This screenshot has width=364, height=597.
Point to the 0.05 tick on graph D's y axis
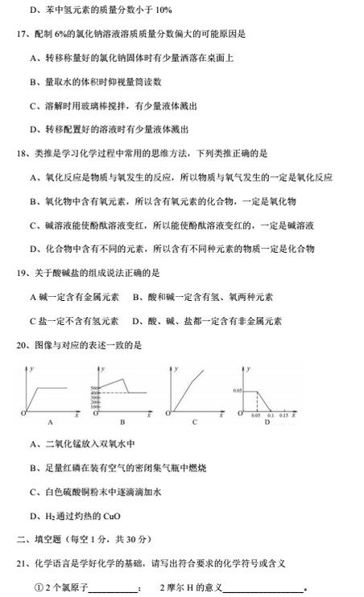pyautogui.click(x=237, y=390)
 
